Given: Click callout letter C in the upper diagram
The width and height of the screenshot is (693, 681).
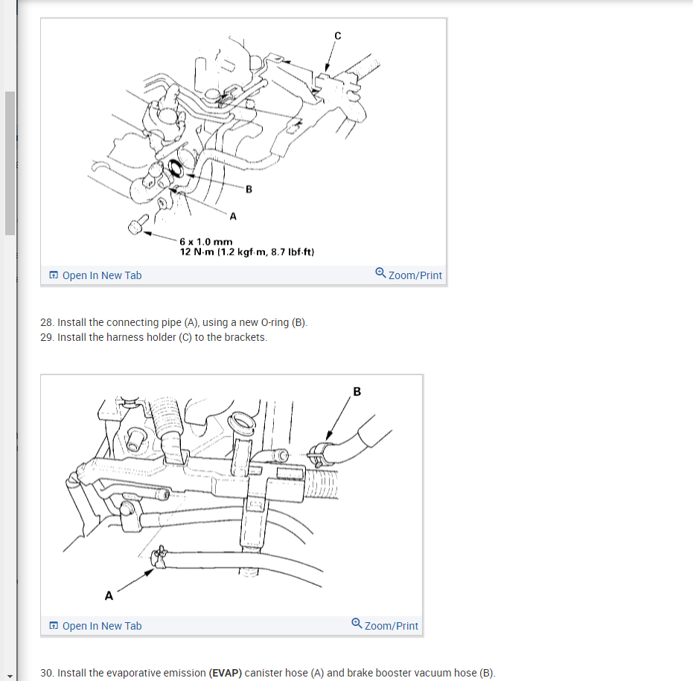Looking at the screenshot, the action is point(338,36).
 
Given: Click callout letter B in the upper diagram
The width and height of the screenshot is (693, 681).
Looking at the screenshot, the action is point(249,189).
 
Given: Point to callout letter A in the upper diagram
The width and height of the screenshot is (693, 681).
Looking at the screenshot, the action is point(233,216).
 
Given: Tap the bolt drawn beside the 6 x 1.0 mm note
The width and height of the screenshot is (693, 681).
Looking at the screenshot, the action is point(138,225).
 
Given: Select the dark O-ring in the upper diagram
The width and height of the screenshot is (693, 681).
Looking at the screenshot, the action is point(176,168).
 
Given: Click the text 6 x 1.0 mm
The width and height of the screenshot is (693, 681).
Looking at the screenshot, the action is point(206,242).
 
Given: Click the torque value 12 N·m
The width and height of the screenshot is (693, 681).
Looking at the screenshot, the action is point(197,252).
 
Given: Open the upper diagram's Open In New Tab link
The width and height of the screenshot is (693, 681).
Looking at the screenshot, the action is point(102,275).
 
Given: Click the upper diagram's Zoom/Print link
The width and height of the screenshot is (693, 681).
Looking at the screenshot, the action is point(415,275).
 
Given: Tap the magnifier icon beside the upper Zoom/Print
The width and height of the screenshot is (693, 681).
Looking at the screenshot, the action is point(380,272).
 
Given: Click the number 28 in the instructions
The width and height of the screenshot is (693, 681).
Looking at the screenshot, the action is point(46,322).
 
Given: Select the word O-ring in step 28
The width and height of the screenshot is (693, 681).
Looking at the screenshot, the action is point(275,322).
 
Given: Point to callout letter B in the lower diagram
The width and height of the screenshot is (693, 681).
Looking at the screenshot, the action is point(357,392).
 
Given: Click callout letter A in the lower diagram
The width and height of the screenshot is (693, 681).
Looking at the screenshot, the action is point(109,595).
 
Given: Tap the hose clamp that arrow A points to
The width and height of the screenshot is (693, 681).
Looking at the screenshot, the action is point(159,557).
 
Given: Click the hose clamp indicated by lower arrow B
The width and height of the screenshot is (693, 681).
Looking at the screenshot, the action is point(317,455).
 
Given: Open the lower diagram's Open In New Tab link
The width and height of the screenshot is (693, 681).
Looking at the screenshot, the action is point(102,626).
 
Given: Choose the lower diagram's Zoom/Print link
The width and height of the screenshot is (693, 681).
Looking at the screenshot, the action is point(391,626).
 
